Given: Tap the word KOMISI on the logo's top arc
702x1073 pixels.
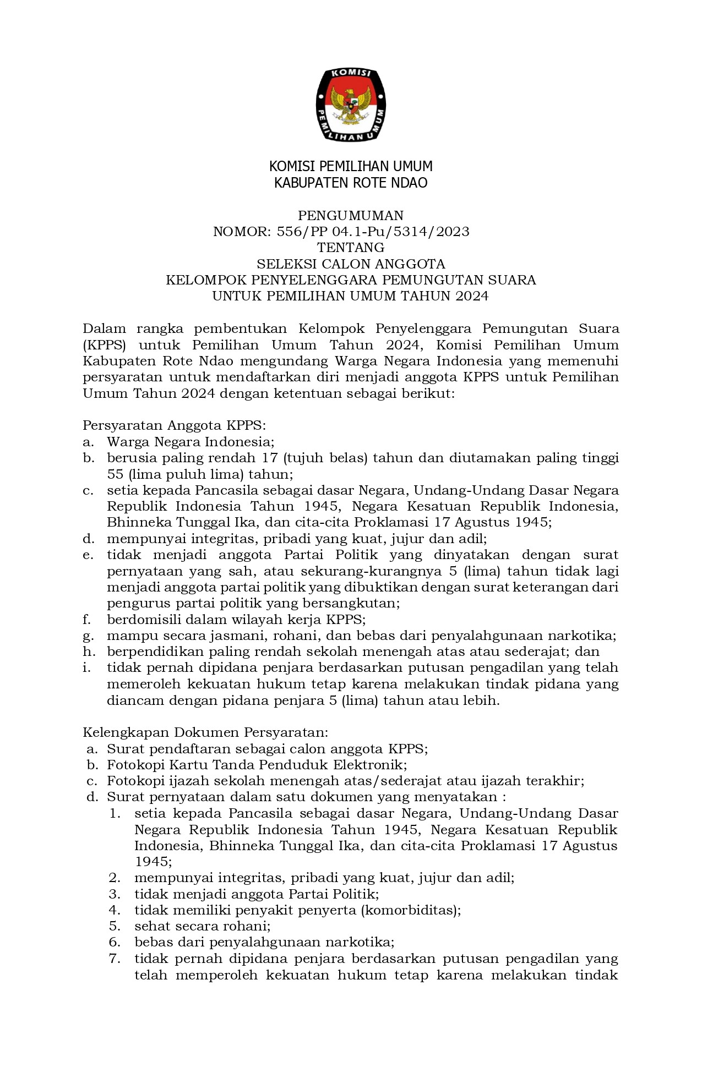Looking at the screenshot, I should (351, 74).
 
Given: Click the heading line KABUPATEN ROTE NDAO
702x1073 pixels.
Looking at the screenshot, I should (351, 183).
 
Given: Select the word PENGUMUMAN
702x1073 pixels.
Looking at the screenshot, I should (351, 215).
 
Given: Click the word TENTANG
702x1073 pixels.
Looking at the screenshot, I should (351, 248).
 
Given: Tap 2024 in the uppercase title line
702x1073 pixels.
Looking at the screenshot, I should (472, 297).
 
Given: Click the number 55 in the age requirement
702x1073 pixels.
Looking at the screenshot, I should (115, 474).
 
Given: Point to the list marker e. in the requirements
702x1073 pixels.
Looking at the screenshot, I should (88, 555).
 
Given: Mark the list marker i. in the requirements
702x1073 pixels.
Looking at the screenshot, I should (86, 668).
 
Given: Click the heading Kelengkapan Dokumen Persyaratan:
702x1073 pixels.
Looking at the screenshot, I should (205, 732).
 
